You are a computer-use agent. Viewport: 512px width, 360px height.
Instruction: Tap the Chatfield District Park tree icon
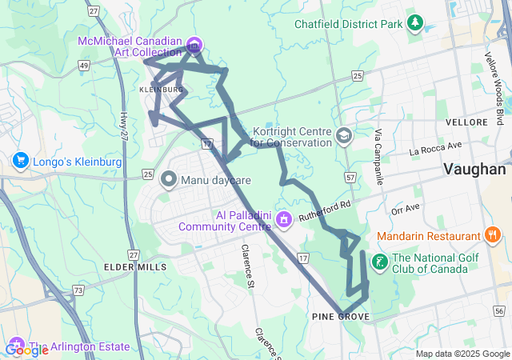[x=414, y=24]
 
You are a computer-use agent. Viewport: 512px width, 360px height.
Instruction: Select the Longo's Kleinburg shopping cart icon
[x=21, y=162]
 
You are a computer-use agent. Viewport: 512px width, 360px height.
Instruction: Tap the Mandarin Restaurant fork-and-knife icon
[x=493, y=235]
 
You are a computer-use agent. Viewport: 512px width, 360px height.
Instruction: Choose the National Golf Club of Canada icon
[x=379, y=261]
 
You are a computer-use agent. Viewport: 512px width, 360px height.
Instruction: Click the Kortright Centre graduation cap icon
[x=344, y=135]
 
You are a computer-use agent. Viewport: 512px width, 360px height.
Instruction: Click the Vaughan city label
[x=475, y=170]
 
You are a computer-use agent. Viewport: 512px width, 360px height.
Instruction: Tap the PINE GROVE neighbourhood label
[x=340, y=318]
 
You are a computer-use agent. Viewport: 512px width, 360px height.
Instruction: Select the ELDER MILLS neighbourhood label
[x=135, y=266]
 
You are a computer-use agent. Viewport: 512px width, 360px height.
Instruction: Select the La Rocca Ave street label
[x=436, y=147]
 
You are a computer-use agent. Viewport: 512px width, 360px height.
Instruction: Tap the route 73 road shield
[x=78, y=290]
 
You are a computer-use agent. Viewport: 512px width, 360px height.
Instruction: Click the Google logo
[x=26, y=350]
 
